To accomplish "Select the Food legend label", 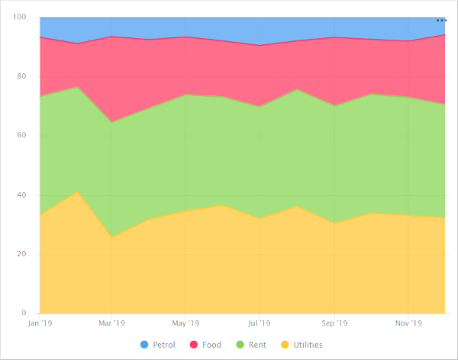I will (211, 345).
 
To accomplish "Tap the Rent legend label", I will (257, 345).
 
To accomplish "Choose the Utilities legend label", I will (308, 345).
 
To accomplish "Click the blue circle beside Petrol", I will (145, 345).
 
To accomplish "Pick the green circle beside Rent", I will (240, 345).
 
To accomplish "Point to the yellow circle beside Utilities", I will (285, 345).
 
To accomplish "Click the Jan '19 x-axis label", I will (39, 323).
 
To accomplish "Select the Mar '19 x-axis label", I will (111, 323).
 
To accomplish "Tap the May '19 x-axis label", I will (185, 323).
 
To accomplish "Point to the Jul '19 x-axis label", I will (259, 323).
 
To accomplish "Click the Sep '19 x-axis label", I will (334, 323).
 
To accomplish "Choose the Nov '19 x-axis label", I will (408, 323).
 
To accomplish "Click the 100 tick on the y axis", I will (20, 18).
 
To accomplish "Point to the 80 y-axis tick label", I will (22, 76).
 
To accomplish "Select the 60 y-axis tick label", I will (22, 136).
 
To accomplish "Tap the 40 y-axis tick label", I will (22, 195).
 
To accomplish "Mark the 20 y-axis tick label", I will (22, 254).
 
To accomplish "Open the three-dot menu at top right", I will (441, 21).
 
